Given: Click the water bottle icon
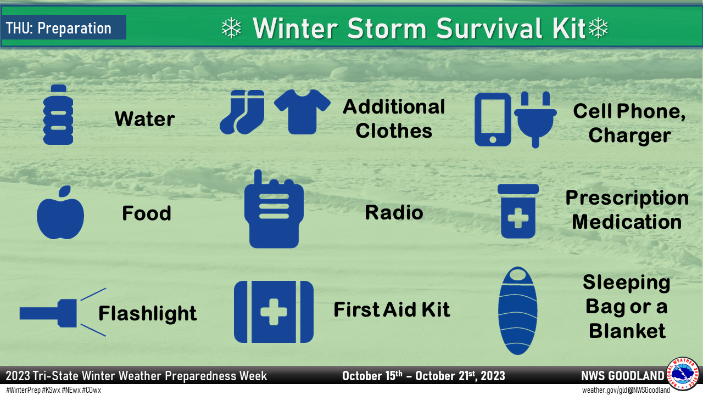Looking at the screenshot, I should click(58, 115).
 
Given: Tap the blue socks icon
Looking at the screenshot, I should click(242, 112).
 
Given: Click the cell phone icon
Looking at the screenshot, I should click(493, 119).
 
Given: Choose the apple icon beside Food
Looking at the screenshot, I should click(60, 214).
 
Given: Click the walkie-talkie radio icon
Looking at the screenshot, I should click(274, 211).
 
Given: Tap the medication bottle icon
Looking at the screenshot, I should click(518, 211).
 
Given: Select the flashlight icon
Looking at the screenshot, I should click(49, 313).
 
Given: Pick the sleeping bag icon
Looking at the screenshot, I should click(517, 311).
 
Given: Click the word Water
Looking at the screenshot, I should click(145, 119).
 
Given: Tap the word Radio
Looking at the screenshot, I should click(394, 213).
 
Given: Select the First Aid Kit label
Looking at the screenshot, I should click(392, 310).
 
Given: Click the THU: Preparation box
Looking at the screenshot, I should click(64, 28).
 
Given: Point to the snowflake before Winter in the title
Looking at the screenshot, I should click(231, 29).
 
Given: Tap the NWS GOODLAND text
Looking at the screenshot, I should click(622, 376).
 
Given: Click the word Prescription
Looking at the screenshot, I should click(627, 198).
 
